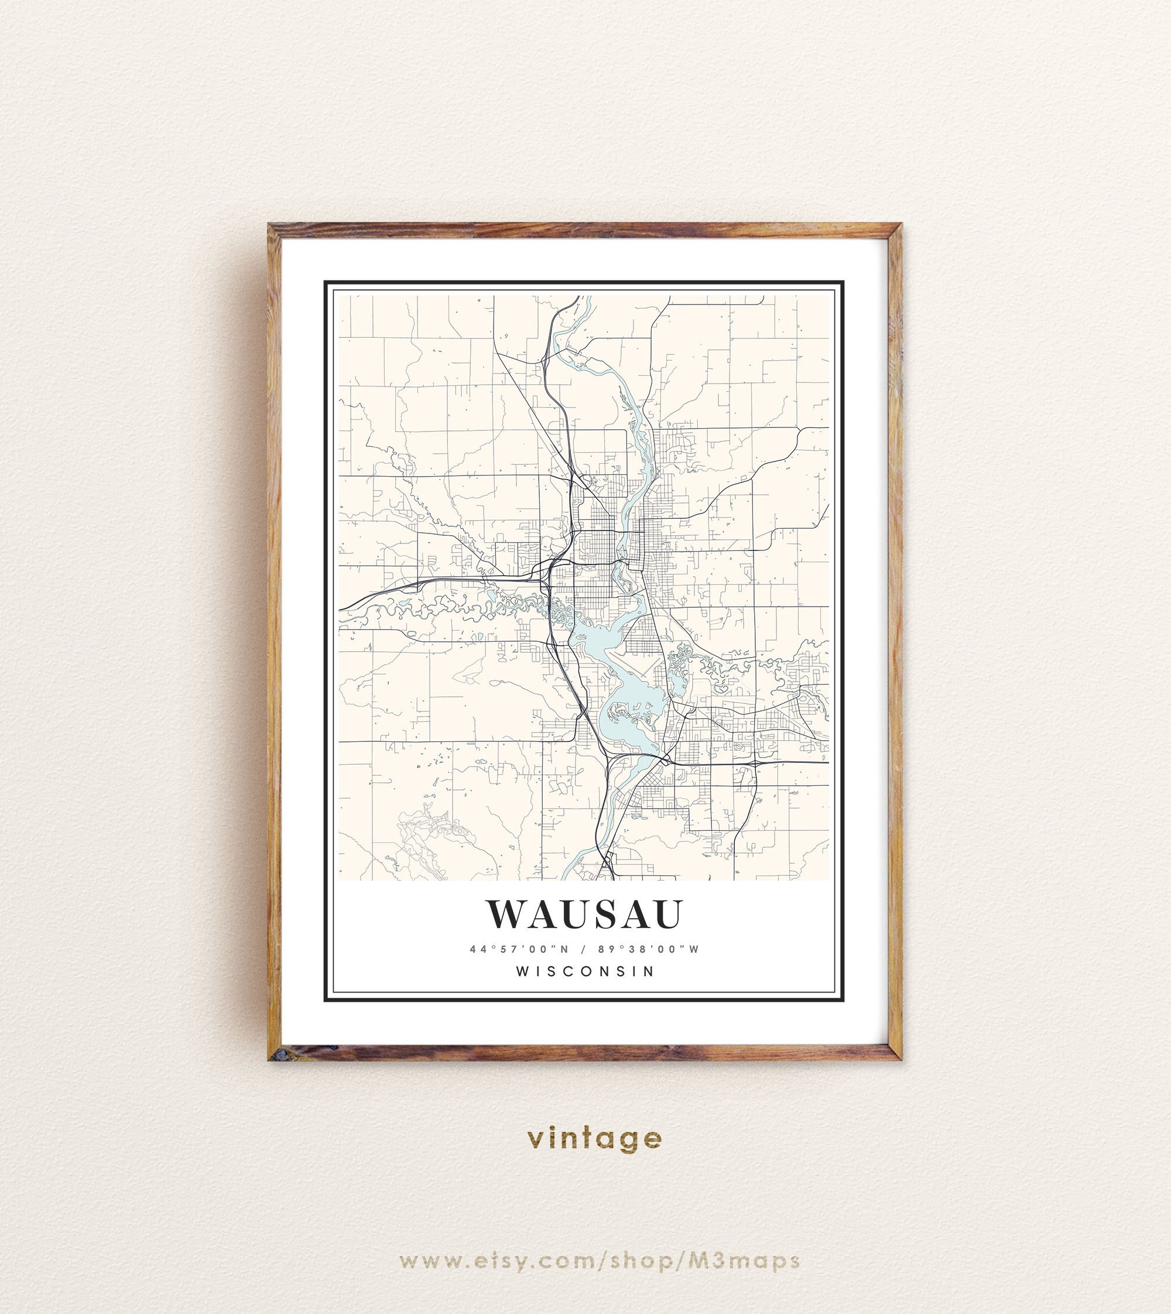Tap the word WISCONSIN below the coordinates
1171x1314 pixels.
point(585,971)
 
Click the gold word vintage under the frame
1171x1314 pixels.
point(594,1138)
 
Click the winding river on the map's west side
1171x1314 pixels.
point(450,605)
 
